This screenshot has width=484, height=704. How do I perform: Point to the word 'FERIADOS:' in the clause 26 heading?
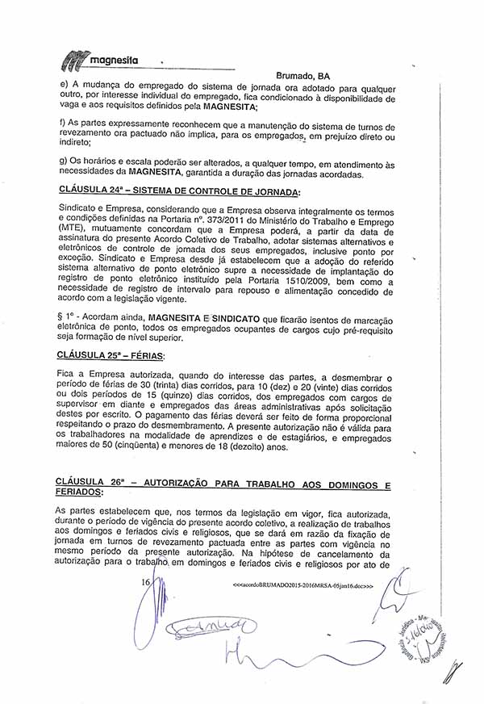(x=79, y=492)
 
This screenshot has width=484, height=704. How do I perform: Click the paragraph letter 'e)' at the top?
(x=64, y=86)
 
